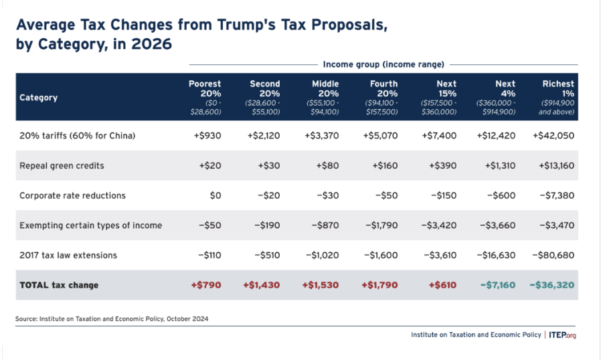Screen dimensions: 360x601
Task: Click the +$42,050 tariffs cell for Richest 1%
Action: pyautogui.click(x=553, y=136)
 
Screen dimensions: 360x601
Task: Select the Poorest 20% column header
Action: pyautogui.click(x=204, y=97)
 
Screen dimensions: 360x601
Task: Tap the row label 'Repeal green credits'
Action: pyautogui.click(x=62, y=166)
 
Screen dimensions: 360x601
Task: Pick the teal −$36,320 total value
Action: pyautogui.click(x=551, y=285)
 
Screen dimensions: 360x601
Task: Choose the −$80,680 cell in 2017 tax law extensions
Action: pyautogui.click(x=552, y=255)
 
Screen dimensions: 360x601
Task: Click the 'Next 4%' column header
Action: pyautogui.click(x=497, y=97)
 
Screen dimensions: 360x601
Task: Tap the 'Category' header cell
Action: pyautogui.click(x=38, y=98)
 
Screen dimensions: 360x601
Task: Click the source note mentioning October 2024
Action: pyautogui.click(x=112, y=319)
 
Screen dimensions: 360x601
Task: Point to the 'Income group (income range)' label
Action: pyautogui.click(x=383, y=65)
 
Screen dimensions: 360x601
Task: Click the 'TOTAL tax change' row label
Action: pyautogui.click(x=59, y=285)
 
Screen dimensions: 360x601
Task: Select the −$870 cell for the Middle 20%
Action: pyautogui.click(x=325, y=226)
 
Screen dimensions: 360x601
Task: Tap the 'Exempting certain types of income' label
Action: pyautogui.click(x=90, y=226)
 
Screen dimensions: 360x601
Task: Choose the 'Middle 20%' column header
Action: pyautogui.click(x=325, y=97)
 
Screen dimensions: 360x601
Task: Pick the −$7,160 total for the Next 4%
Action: pyautogui.click(x=497, y=285)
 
